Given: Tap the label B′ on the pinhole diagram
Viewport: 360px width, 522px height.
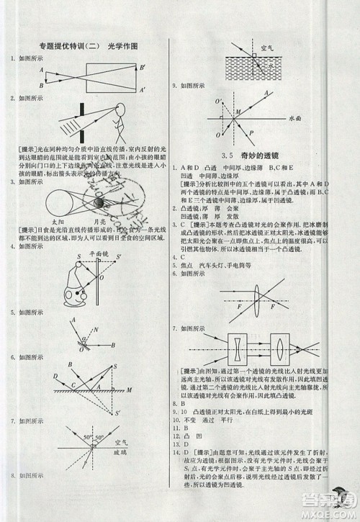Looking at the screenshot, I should (x=143, y=67).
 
